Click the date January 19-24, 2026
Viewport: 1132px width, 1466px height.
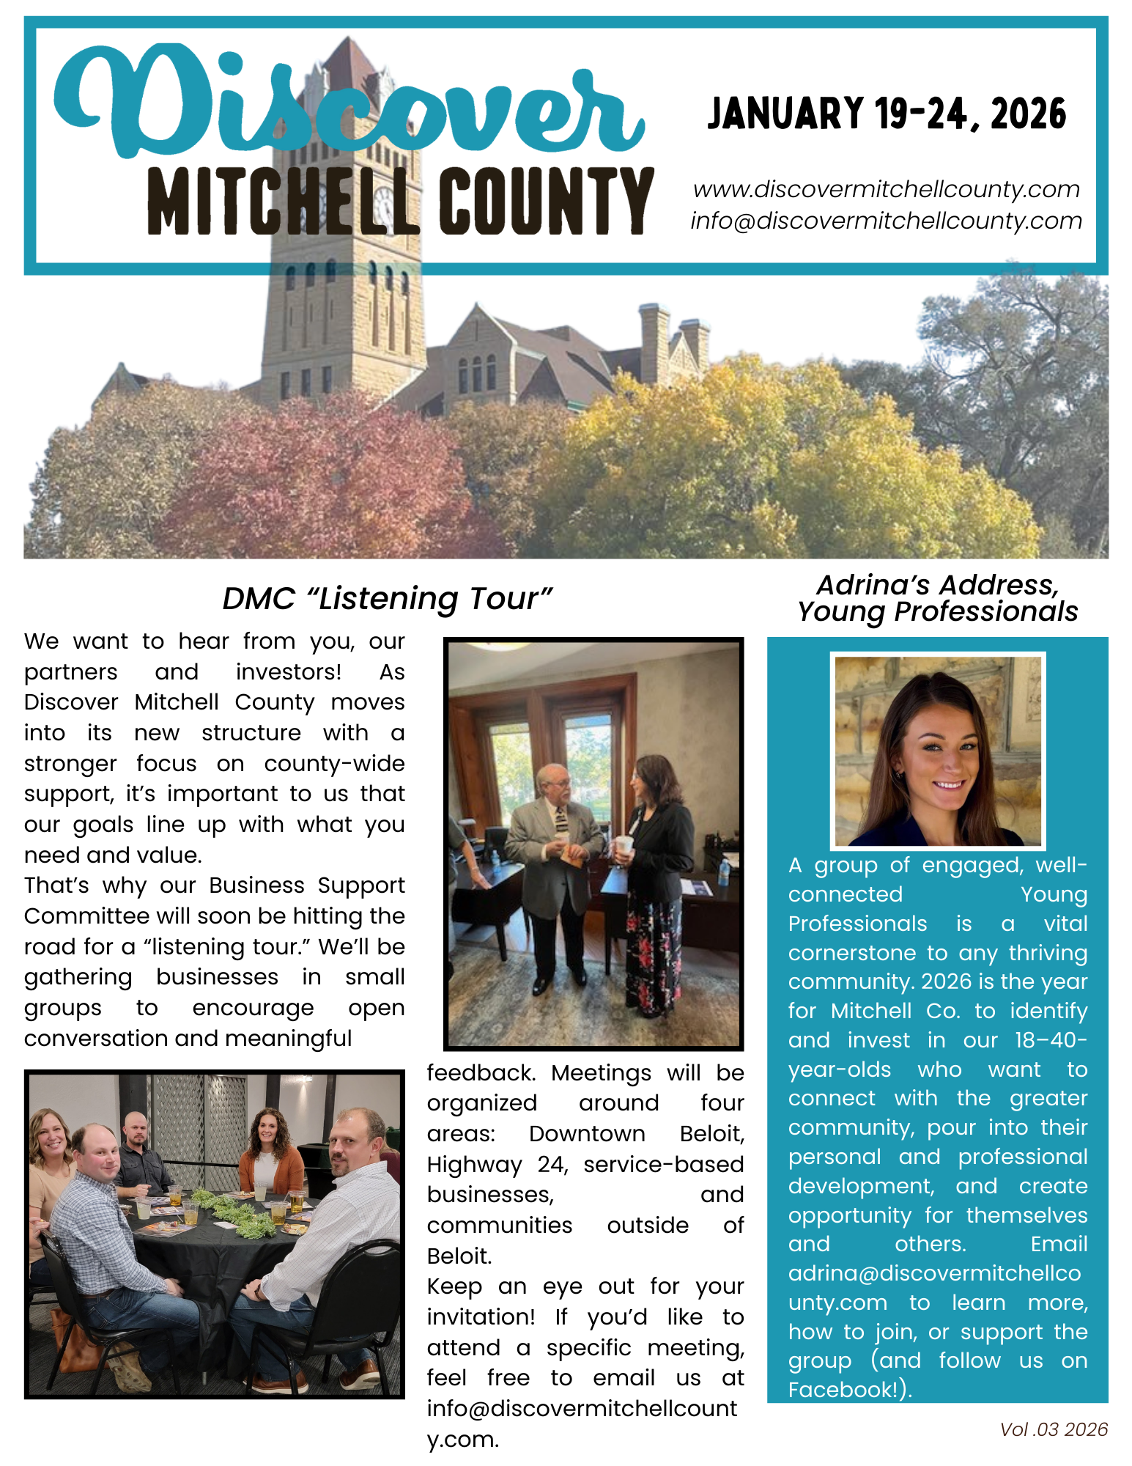[887, 114]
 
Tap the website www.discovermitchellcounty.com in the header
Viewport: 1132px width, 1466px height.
[887, 189]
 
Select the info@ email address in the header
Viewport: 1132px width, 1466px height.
[887, 221]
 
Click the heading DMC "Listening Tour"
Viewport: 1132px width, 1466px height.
[387, 598]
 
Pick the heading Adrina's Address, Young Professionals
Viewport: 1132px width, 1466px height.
[938, 598]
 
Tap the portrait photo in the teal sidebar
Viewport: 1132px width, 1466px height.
[938, 750]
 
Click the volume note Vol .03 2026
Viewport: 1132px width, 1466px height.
[1054, 1429]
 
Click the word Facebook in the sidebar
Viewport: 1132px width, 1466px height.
[843, 1390]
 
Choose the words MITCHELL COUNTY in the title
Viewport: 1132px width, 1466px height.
[399, 201]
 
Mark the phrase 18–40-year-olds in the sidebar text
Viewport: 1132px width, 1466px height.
[952, 1054]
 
